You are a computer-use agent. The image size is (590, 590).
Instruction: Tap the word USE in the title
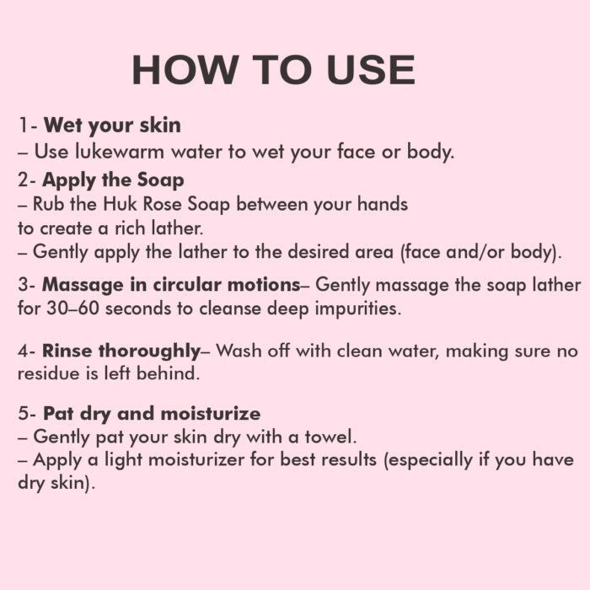(x=371, y=70)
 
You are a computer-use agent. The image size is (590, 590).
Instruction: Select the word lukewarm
(x=120, y=152)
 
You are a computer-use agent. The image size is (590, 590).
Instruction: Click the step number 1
(x=24, y=126)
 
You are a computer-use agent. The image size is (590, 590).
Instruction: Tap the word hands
(x=383, y=204)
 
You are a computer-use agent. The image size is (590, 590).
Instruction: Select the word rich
(x=130, y=228)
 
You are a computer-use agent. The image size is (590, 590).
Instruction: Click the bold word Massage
(x=83, y=286)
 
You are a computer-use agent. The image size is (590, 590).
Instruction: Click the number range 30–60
(x=72, y=308)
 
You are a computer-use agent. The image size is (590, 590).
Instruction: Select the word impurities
(x=358, y=309)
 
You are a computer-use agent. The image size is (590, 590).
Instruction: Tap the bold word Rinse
(x=67, y=351)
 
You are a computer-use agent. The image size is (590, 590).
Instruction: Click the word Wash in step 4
(x=239, y=351)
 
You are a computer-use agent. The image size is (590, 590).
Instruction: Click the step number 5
(x=24, y=414)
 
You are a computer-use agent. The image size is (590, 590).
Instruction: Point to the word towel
(x=330, y=437)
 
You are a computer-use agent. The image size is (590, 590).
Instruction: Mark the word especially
(x=428, y=461)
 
